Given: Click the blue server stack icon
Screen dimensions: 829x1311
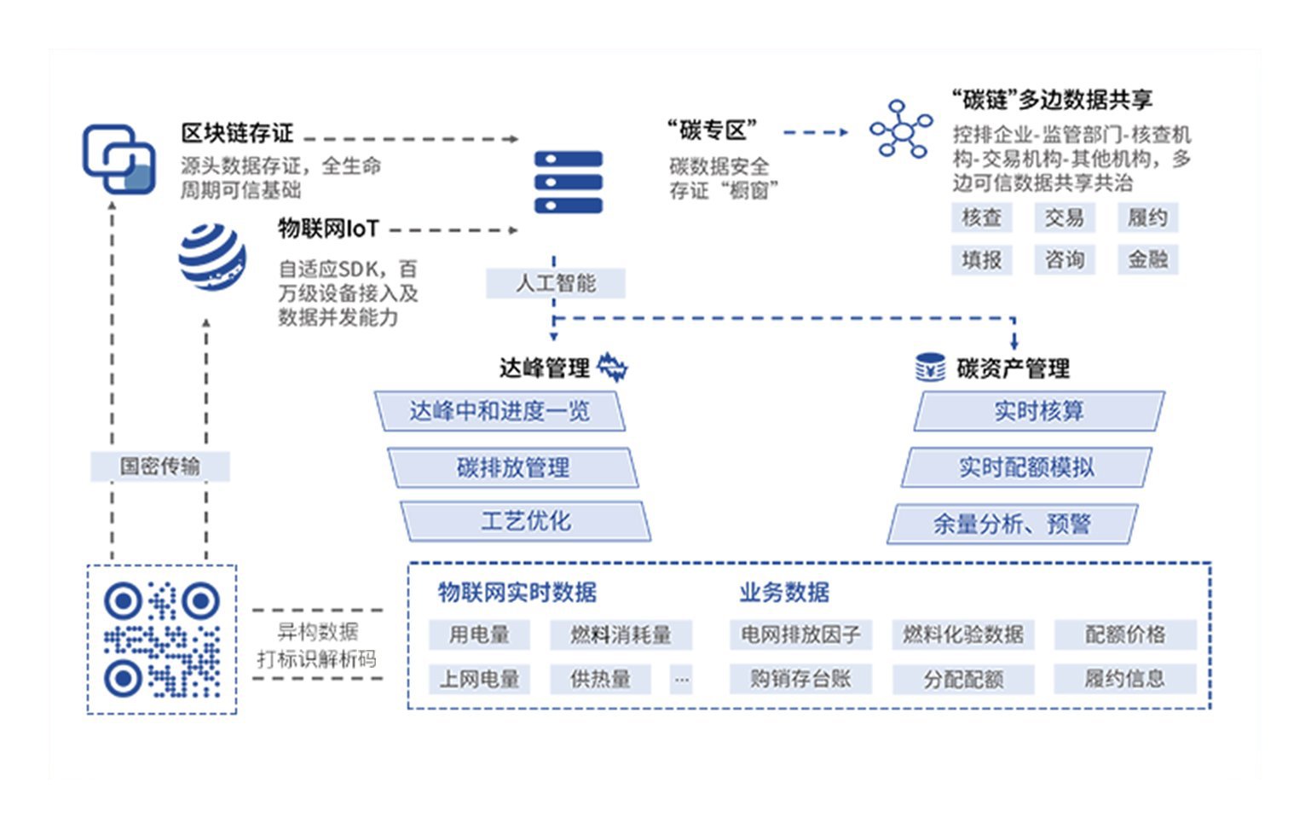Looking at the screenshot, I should (x=568, y=182).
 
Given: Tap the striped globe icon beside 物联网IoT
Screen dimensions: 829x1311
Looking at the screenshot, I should (x=212, y=257).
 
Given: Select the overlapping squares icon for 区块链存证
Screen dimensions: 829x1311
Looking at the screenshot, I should (x=118, y=159).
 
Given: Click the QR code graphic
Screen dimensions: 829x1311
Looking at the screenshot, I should (x=162, y=639).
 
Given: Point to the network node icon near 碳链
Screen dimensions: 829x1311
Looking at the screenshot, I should (x=901, y=130).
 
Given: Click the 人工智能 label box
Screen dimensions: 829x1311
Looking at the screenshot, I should (x=555, y=283).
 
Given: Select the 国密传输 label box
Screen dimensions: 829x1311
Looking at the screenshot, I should (x=159, y=467).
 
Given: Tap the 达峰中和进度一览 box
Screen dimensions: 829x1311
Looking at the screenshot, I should (x=500, y=412).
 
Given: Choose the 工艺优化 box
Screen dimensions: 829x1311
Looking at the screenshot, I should (x=525, y=521).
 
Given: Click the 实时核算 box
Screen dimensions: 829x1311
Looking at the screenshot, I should (x=1038, y=412).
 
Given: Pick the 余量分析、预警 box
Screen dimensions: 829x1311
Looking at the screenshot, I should (x=1012, y=524).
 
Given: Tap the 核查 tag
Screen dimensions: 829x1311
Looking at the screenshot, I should (x=981, y=218).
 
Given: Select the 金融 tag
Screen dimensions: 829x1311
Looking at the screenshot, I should (x=1147, y=259).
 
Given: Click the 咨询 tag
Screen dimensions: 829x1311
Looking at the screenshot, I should (x=1064, y=259).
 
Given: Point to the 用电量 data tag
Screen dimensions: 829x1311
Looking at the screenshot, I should (x=479, y=635).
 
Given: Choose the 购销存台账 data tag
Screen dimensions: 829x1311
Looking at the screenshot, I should (x=800, y=679).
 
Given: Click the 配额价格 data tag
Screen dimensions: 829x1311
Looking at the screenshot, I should (x=1124, y=635).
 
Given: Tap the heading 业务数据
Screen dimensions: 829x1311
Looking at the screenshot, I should (x=784, y=592).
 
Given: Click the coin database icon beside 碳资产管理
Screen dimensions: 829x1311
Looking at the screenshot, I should (x=930, y=368).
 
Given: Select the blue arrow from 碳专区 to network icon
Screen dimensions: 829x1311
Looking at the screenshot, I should (x=815, y=132).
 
